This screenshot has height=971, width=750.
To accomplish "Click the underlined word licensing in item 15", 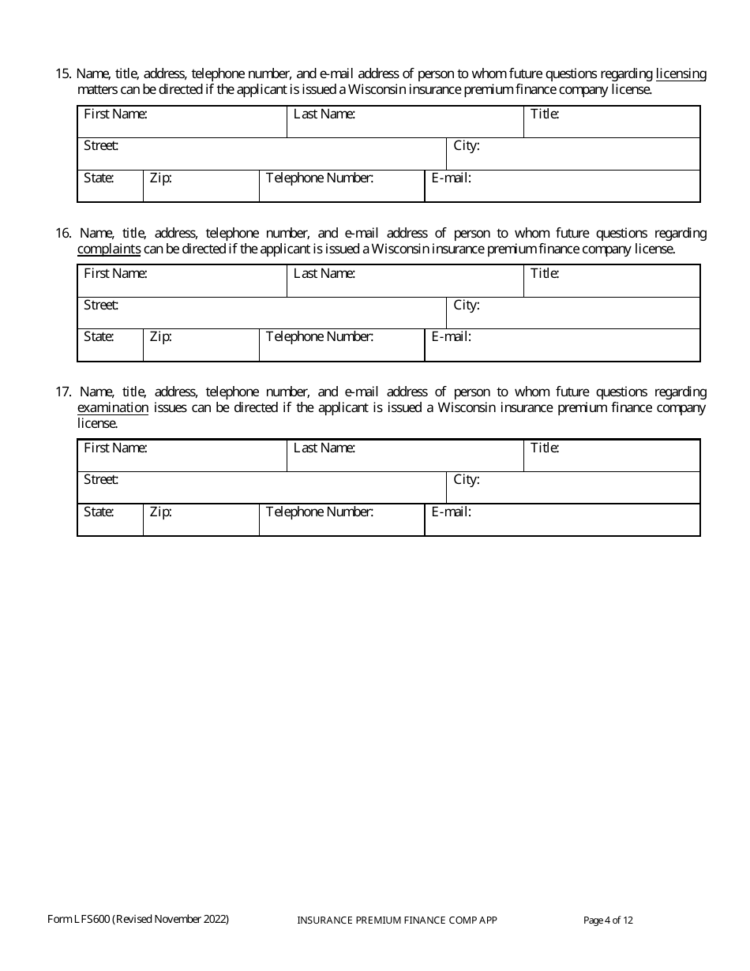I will click(x=681, y=74).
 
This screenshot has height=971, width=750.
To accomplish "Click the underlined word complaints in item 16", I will click(x=109, y=249).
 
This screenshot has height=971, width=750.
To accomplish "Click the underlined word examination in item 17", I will click(x=113, y=408).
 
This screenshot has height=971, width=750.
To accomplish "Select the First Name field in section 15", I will click(x=182, y=122).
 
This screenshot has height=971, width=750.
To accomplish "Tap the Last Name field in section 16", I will click(x=405, y=282).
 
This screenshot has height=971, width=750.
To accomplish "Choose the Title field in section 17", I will click(x=612, y=456).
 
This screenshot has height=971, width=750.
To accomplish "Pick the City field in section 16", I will click(x=573, y=313).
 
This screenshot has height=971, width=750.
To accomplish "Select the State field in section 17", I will click(x=110, y=520).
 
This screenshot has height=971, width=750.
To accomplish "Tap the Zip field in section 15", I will click(x=201, y=186).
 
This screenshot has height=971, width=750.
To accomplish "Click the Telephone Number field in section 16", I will click(x=342, y=346).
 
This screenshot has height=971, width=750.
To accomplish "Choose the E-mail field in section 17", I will click(x=562, y=520).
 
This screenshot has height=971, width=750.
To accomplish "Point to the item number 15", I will click(x=63, y=74).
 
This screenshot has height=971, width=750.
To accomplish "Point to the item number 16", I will click(x=63, y=234).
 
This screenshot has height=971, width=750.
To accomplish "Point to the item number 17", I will click(x=63, y=392).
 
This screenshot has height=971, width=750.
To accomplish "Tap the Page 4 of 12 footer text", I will click(x=608, y=920).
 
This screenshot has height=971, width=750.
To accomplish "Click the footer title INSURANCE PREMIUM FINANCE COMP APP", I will click(x=397, y=920).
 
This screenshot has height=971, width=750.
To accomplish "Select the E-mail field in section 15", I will click(x=562, y=186).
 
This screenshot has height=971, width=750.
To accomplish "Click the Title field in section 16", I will click(x=612, y=282).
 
